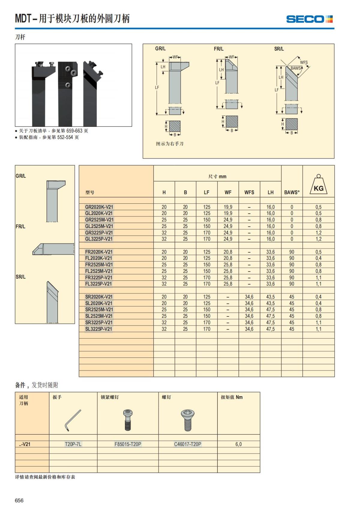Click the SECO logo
tap(309, 19)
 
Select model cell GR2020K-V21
tap(99, 207)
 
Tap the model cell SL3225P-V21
tap(98, 329)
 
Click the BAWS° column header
tap(292, 192)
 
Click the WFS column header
tap(249, 192)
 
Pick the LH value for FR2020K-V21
tap(271, 252)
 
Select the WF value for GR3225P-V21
tap(228, 233)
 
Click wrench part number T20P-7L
tap(73, 444)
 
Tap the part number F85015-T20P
tap(128, 444)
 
